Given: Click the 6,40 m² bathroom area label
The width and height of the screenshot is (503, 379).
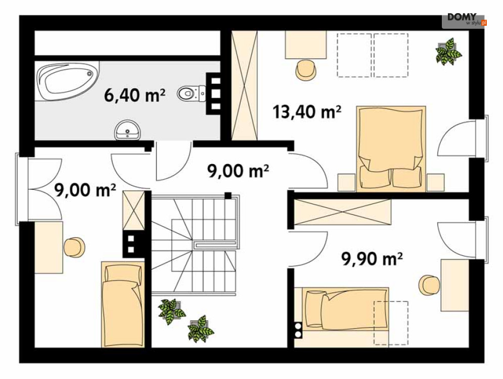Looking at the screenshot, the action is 135,95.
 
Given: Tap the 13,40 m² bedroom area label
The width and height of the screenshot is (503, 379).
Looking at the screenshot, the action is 307,112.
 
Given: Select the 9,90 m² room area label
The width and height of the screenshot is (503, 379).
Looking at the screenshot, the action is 372,259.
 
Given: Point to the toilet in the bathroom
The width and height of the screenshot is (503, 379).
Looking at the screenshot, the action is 192,93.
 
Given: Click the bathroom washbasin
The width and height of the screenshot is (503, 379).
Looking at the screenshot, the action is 128,130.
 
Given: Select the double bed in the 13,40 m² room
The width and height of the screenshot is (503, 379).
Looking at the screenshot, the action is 391,149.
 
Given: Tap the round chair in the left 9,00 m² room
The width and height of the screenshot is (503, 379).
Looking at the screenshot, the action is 75,247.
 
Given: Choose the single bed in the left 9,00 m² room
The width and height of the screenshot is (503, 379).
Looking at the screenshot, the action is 123,304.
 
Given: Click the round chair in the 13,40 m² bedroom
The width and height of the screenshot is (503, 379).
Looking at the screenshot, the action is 306,70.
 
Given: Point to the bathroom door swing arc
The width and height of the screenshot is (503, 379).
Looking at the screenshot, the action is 173,162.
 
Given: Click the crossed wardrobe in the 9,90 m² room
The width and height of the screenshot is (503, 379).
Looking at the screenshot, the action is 343,212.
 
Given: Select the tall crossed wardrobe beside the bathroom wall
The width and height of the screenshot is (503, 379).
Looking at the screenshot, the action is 245,85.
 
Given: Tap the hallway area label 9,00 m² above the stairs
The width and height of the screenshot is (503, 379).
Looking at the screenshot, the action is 238,171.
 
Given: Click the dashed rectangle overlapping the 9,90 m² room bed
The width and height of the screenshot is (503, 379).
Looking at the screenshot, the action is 391,323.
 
